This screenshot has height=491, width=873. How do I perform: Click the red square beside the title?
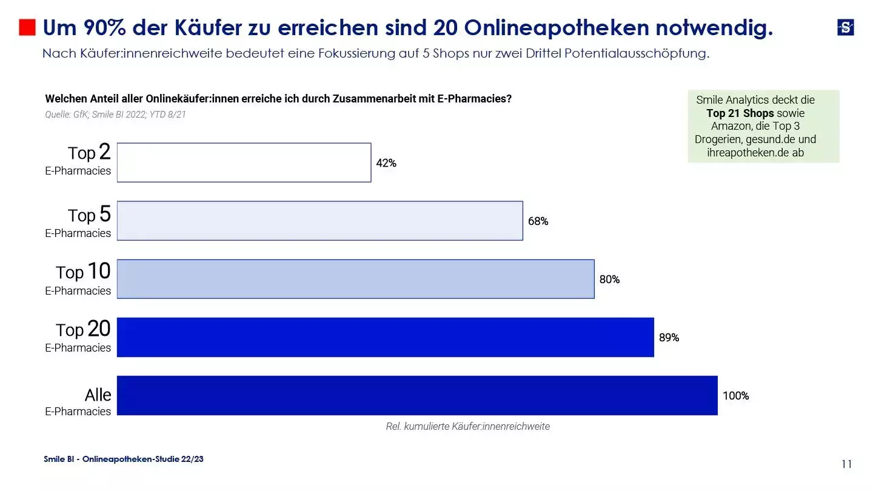27,27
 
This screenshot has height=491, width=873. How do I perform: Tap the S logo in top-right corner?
845,27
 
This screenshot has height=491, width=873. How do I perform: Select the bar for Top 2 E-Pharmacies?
244,162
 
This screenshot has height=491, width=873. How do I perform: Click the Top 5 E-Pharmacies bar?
319,221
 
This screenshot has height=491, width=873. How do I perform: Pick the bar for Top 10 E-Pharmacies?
355,279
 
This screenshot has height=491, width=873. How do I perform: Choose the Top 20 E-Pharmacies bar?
385,337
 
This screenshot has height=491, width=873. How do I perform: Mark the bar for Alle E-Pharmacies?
417,395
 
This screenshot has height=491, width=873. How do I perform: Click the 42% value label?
386,163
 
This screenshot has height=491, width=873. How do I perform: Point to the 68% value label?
538,221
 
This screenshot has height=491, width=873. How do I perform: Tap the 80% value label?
609,279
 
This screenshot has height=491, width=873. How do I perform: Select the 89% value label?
669,338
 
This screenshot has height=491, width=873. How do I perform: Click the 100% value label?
735,396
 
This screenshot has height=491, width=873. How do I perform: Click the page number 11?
846,464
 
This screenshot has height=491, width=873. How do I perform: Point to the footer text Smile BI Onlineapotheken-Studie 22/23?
124,459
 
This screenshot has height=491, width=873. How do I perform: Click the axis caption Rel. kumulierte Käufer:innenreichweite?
467,426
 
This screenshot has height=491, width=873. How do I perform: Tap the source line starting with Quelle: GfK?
115,114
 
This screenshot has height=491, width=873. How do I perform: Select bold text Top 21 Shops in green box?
740,113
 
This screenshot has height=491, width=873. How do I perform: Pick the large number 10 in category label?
99,271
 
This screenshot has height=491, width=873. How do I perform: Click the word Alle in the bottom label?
98,395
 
